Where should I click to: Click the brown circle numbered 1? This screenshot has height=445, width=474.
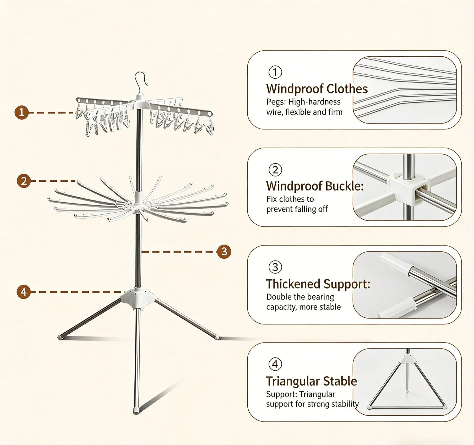click(x=21, y=112)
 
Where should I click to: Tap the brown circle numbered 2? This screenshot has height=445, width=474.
click(x=24, y=181)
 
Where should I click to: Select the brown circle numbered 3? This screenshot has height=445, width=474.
click(x=224, y=251)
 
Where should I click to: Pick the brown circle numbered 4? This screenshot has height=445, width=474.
click(x=24, y=292)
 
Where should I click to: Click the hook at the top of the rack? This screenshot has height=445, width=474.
click(x=142, y=80)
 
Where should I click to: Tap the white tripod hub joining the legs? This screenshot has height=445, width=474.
click(x=138, y=298)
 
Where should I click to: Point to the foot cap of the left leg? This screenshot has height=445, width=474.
click(x=60, y=337)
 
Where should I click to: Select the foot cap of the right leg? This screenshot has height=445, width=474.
click(x=217, y=337)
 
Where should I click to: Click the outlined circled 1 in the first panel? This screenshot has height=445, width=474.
click(x=275, y=72)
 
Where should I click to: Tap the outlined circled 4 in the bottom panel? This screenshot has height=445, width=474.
click(x=275, y=364)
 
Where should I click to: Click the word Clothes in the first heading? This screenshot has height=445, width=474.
click(x=347, y=89)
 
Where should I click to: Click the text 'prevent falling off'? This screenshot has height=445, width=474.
click(x=297, y=209)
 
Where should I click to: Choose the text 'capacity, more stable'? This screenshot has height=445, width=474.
click(x=303, y=307)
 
